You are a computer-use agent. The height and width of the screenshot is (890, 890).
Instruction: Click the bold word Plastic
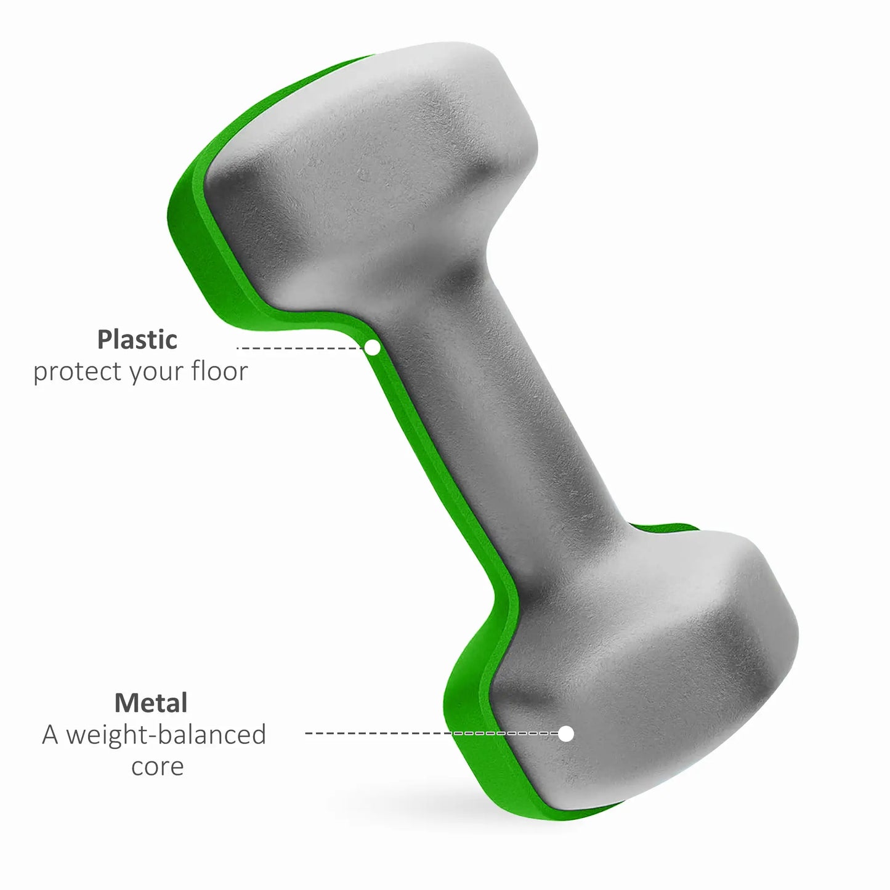[x=137, y=339]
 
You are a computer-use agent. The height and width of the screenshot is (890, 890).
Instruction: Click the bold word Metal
[x=151, y=703]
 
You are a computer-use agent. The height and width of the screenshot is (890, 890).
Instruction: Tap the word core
[x=158, y=767]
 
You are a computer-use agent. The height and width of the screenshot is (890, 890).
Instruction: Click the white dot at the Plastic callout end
[x=372, y=348]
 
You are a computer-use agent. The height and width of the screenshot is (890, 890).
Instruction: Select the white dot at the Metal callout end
[x=566, y=734]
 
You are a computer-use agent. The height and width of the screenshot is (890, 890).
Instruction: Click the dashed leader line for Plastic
[x=302, y=348]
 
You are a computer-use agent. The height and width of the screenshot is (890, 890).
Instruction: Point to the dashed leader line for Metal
[x=431, y=734]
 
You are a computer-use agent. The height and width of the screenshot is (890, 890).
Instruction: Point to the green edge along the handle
[x=431, y=468]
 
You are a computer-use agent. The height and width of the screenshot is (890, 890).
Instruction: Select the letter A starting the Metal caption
[x=50, y=735]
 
